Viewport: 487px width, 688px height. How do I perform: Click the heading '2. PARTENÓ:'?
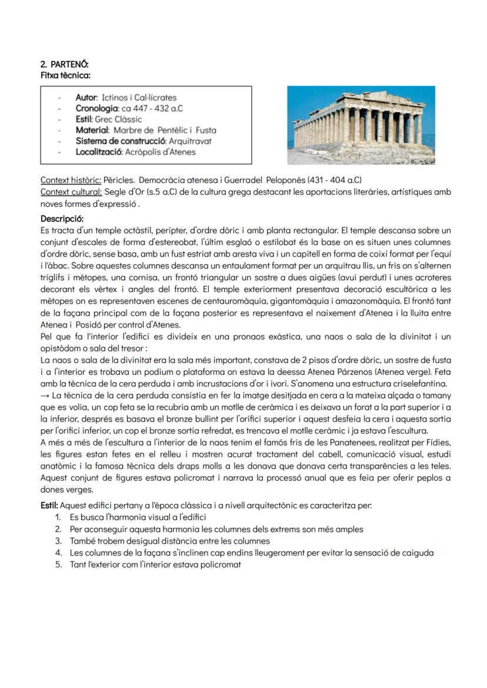[x=65, y=64]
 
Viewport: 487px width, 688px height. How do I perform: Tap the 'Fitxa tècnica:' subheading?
[x=65, y=75]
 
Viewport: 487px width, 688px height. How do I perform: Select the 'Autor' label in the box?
[x=87, y=98]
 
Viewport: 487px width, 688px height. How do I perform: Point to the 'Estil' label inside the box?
[x=84, y=119]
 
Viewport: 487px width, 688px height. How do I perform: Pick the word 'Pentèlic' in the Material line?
[x=171, y=130]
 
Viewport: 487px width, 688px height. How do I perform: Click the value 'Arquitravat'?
[x=190, y=141]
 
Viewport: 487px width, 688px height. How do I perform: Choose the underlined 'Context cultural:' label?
[x=71, y=192]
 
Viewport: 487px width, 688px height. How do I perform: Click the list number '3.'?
[x=58, y=541]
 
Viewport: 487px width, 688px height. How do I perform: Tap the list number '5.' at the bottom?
[x=58, y=564]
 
